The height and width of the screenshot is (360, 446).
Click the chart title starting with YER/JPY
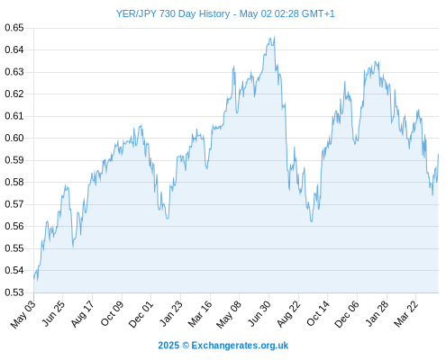(x=225, y=13)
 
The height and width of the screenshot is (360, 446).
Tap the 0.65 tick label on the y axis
(x=14, y=28)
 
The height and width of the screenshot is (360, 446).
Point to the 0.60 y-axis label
(x=14, y=138)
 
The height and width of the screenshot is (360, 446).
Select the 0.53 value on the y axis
(x=14, y=292)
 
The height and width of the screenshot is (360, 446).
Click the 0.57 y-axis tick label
(x=14, y=204)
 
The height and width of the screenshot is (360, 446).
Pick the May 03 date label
(x=23, y=314)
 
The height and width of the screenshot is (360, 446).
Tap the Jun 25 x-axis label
(x=53, y=313)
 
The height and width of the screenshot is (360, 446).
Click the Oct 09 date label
(x=112, y=313)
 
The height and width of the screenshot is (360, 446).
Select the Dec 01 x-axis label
(x=141, y=314)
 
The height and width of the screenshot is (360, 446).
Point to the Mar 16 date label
(x=200, y=314)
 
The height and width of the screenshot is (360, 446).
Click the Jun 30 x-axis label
(x=259, y=313)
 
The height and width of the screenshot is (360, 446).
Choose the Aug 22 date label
(x=288, y=314)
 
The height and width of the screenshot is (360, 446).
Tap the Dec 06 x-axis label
(x=347, y=314)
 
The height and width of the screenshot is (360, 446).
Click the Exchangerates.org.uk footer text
(x=240, y=346)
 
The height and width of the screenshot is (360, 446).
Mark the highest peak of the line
(x=275, y=37)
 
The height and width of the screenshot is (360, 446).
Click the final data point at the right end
(x=438, y=155)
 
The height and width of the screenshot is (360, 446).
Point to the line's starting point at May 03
(x=34, y=278)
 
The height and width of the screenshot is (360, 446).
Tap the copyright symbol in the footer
(x=186, y=346)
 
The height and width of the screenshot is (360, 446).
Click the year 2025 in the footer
(x=168, y=346)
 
